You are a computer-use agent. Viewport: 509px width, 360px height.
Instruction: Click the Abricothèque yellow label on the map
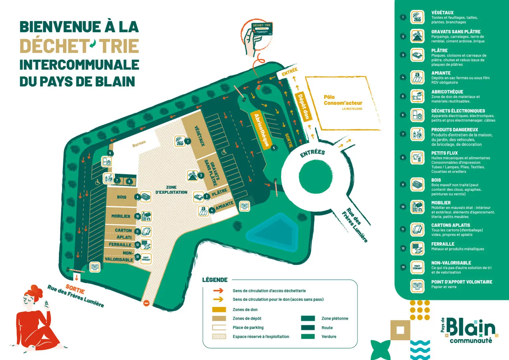point(261,130)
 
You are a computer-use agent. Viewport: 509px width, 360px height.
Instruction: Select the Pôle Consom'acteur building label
point(343,100)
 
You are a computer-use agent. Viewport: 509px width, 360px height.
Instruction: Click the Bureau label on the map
point(139,144)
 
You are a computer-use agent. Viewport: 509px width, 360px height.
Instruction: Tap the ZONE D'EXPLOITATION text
point(171,190)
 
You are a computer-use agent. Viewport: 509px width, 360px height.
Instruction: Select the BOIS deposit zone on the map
point(121,197)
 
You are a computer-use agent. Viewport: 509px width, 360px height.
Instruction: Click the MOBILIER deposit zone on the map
point(121,216)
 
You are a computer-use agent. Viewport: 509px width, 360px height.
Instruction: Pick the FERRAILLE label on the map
point(120,245)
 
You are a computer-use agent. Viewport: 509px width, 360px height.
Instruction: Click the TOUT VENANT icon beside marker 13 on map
point(146,258)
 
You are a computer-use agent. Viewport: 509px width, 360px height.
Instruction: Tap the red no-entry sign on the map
point(146,303)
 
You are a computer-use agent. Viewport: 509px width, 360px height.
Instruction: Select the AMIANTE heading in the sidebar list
point(441,73)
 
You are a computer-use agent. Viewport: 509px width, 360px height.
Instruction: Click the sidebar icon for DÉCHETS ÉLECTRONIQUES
point(417,115)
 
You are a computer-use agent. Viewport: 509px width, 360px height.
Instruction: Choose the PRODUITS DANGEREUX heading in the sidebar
point(454,130)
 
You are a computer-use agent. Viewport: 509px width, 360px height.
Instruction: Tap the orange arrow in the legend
point(218,291)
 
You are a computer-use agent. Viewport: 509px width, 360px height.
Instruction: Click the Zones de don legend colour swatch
point(219,310)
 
